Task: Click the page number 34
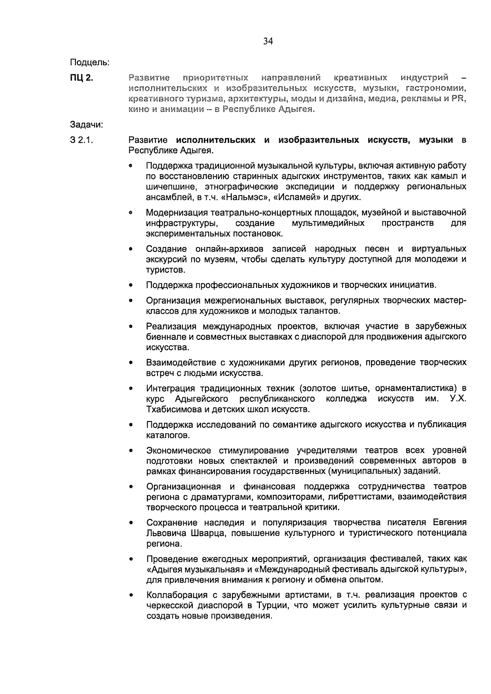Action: [268, 41]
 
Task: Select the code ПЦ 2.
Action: [82, 78]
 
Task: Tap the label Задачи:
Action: [86, 125]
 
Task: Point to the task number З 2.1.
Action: [82, 140]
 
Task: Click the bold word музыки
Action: [436, 140]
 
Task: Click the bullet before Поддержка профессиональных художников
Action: [131, 285]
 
